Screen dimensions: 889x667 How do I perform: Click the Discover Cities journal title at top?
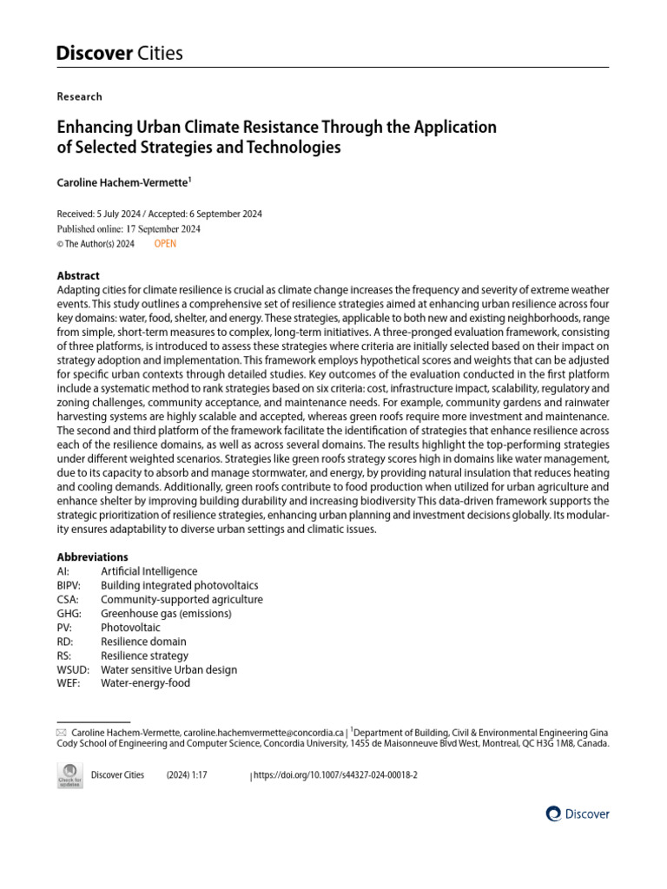120,53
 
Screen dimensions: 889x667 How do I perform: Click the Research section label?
79,96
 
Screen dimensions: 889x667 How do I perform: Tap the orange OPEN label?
165,244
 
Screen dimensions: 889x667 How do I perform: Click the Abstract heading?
78,275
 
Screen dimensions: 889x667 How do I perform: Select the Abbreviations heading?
92,556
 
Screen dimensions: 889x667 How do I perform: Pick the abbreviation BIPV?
69,585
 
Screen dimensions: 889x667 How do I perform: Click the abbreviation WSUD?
71,669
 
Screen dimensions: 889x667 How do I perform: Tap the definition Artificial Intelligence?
149,571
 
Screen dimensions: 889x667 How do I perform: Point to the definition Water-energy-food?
145,683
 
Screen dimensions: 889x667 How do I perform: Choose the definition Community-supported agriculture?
182,599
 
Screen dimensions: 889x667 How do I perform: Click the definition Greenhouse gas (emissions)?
166,613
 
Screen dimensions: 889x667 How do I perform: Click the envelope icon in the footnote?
61,733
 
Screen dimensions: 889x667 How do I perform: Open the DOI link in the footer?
335,774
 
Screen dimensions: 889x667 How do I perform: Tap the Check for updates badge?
69,775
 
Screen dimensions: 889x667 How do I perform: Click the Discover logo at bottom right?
578,813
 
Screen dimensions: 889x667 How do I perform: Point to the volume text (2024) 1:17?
187,774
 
